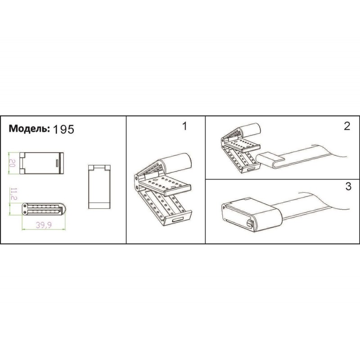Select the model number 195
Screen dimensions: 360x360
(63, 130)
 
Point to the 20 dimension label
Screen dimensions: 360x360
(12, 163)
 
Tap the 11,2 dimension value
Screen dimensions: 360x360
(14, 194)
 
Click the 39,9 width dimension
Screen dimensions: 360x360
(44, 225)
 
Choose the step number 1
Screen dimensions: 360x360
(184, 126)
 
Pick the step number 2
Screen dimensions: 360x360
(347, 126)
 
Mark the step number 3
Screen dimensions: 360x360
(348, 186)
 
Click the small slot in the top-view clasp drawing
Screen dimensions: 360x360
(57, 163)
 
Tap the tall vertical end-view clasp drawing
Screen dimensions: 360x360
(99, 186)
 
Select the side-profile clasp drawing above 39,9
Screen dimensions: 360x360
(44, 209)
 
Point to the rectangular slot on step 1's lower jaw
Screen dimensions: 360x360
(178, 220)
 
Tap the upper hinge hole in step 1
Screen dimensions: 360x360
(137, 178)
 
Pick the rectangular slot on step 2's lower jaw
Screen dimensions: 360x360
(251, 168)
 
